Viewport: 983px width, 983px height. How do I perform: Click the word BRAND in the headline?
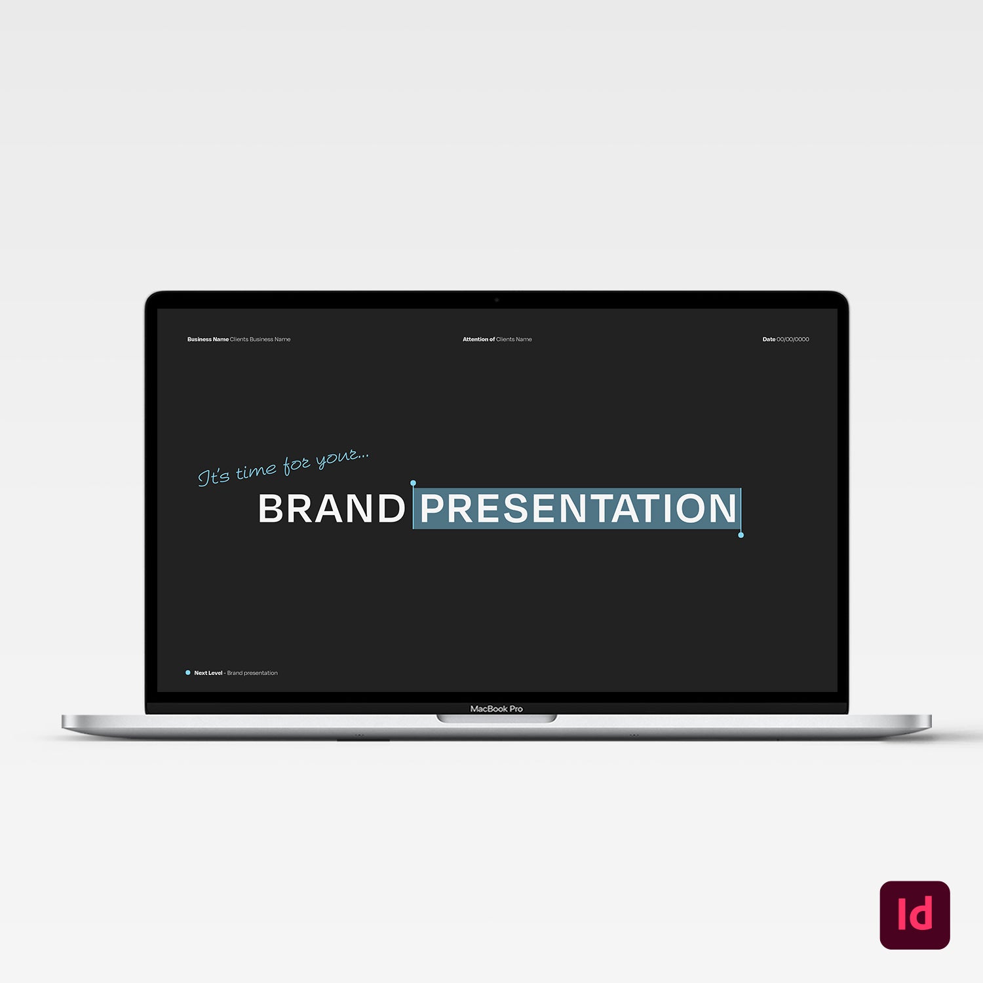point(332,509)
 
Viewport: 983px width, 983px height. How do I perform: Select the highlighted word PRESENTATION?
point(578,509)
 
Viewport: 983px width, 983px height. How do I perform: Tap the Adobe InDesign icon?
point(915,915)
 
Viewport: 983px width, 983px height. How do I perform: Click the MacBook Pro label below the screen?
point(497,708)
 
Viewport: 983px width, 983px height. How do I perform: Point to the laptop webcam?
point(497,300)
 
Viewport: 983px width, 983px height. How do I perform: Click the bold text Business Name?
point(208,339)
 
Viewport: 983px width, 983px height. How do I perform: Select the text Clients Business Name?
point(260,339)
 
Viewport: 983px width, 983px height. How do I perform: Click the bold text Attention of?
point(479,339)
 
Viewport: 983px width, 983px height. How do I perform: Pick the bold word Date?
point(769,339)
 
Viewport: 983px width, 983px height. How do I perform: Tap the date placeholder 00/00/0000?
point(793,339)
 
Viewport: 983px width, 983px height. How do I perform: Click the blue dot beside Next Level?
point(188,672)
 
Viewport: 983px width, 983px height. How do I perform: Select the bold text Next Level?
point(208,673)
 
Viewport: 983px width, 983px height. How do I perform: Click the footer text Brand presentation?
point(252,673)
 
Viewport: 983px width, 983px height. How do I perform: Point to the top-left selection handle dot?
point(413,483)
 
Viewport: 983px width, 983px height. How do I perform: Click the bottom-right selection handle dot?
point(741,535)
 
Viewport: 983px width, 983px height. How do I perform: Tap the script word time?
point(256,471)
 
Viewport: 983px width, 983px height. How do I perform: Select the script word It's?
point(214,476)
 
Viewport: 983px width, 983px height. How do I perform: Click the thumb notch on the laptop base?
point(497,719)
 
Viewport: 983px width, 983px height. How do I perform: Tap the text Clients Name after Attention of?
point(514,339)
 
